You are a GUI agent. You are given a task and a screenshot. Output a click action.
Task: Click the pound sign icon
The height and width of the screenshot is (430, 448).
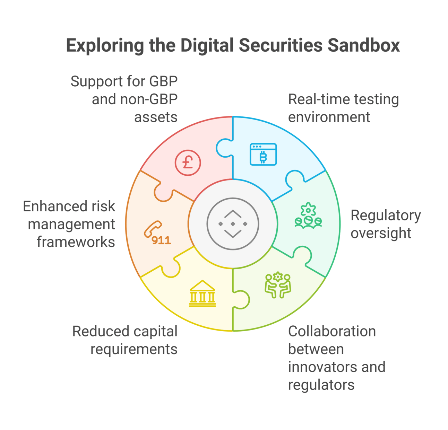click(x=188, y=162)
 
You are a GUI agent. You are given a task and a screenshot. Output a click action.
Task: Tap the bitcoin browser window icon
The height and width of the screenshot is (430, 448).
click(x=263, y=154)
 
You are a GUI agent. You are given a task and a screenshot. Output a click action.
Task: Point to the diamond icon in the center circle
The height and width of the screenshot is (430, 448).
click(x=233, y=224)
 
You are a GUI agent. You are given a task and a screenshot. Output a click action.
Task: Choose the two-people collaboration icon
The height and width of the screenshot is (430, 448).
click(x=278, y=285)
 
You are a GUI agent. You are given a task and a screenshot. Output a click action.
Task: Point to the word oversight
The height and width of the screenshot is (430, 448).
click(x=381, y=233)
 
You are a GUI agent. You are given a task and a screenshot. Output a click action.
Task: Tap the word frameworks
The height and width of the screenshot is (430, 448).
click(x=76, y=242)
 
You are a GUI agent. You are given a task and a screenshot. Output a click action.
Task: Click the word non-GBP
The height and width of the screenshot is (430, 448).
click(x=149, y=99)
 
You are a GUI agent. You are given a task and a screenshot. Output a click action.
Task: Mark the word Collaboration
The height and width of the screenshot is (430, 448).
click(x=332, y=331)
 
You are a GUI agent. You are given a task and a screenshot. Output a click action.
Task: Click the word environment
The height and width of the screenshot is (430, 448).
click(x=329, y=117)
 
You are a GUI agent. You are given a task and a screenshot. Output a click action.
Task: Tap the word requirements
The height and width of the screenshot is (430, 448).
click(x=134, y=349)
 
